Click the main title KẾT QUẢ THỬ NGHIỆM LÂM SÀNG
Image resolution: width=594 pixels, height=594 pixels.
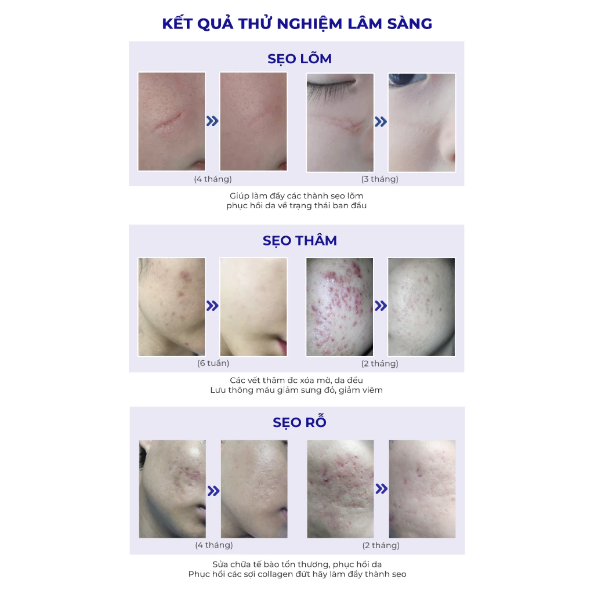pos(296,24)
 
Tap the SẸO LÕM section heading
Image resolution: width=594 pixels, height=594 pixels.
pos(299,59)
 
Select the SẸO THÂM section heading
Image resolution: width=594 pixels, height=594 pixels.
pos(299,241)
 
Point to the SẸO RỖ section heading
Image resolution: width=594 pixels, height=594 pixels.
pos(299,422)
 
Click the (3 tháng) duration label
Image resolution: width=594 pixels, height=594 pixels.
pos(380,179)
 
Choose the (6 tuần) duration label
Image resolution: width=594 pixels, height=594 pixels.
pos(213,363)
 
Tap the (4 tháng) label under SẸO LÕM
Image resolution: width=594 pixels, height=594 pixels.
pos(212,179)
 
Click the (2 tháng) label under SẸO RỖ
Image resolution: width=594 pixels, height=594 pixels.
pos(381,545)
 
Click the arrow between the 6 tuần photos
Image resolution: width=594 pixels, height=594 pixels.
pos(212,306)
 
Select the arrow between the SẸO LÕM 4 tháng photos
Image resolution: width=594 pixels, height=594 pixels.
pos(212,121)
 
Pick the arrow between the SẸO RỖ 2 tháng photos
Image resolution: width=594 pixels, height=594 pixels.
pos(381,489)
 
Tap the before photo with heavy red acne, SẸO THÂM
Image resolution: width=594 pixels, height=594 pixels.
pos(339,307)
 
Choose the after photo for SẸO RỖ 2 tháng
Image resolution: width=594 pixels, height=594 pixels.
pos(422,488)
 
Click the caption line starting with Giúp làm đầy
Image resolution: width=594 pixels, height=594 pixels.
pos(296,196)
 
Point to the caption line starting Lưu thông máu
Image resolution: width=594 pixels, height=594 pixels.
pos(296,390)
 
